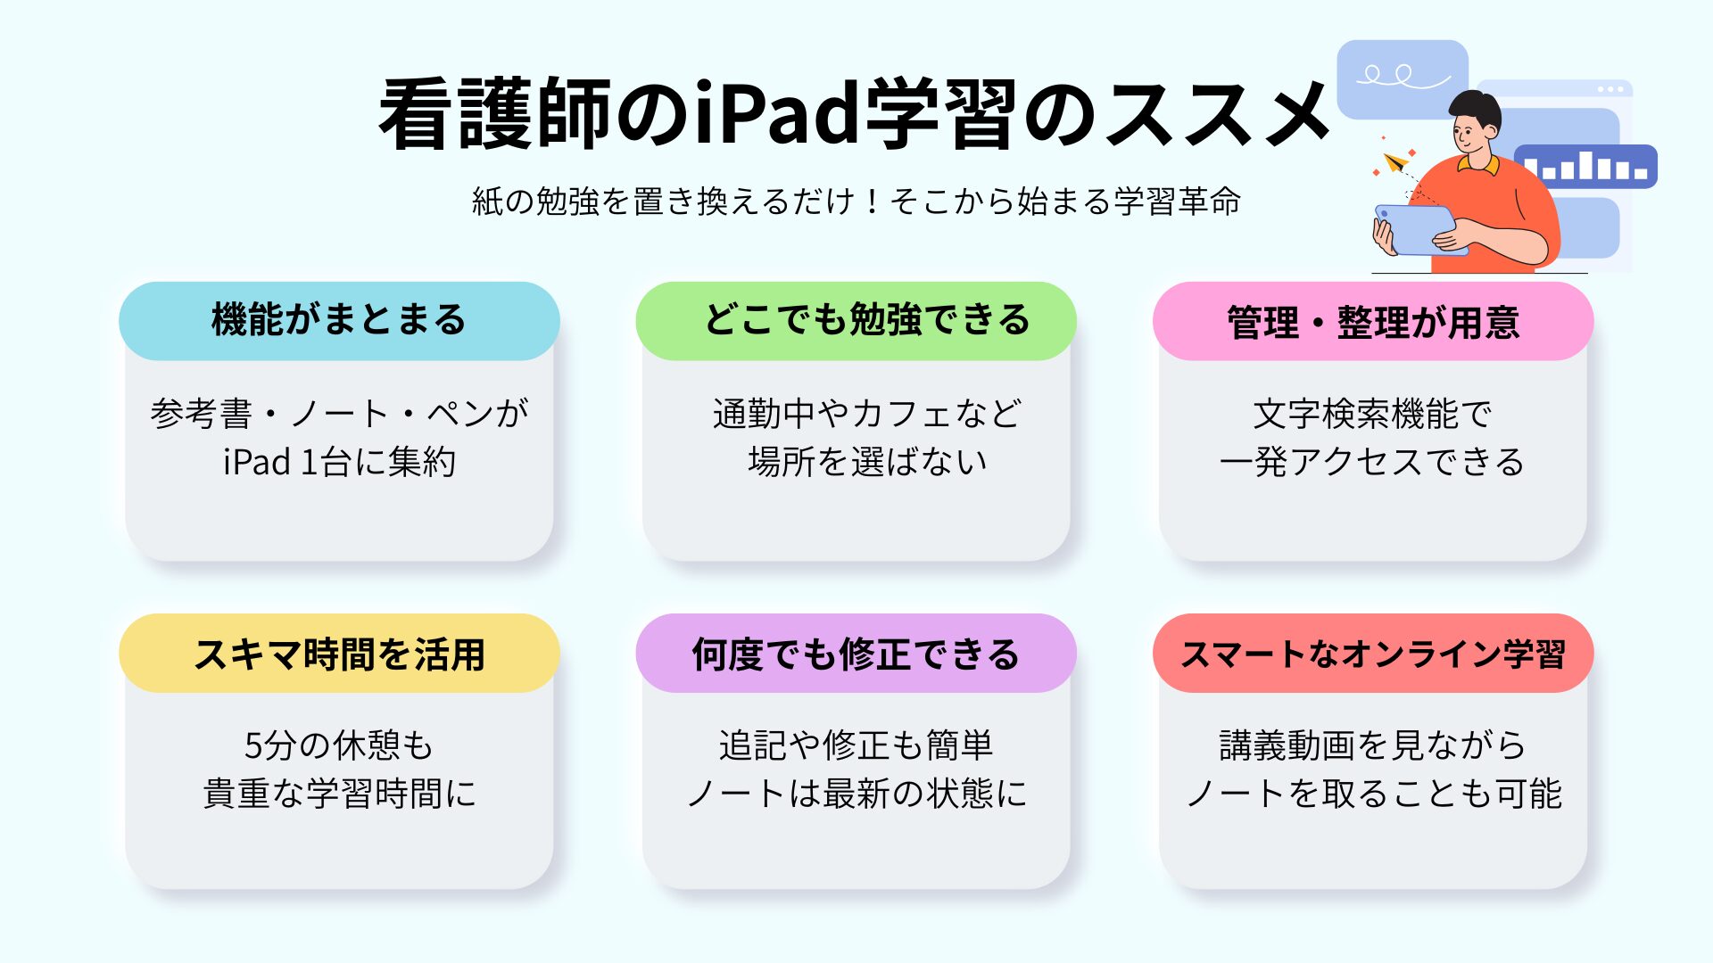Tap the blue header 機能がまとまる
pos(339,321)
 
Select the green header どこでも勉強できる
pos(856,321)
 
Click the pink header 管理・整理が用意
pos(1373,321)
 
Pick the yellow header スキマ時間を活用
pos(339,653)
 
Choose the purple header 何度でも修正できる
pos(856,653)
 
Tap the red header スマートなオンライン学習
pos(1373,653)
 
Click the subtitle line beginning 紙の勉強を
pos(856,201)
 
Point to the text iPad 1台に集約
pos(339,462)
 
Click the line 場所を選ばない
pos(867,462)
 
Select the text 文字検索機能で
pos(1372,414)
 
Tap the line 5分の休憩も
pos(339,745)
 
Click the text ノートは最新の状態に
pos(856,794)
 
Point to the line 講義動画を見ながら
pos(1372,745)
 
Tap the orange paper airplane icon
pos(1395,162)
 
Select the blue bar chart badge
pos(1585,166)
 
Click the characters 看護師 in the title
pos(495,113)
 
